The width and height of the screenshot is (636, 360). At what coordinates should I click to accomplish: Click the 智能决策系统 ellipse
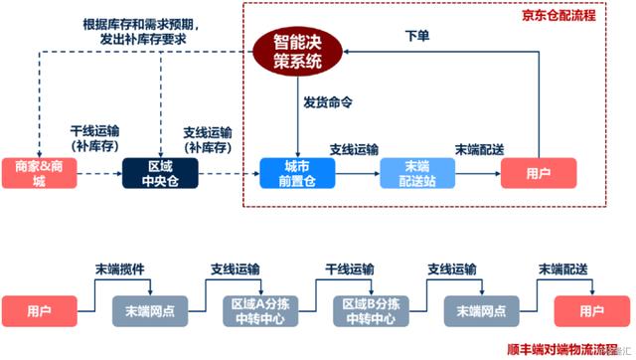(299, 52)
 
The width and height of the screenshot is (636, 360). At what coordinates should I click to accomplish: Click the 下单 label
(416, 36)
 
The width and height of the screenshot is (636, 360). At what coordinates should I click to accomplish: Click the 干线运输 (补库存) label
(96, 137)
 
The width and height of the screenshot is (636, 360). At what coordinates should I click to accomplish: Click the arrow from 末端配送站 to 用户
(478, 172)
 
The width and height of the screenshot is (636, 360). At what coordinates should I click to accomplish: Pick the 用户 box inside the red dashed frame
(537, 172)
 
